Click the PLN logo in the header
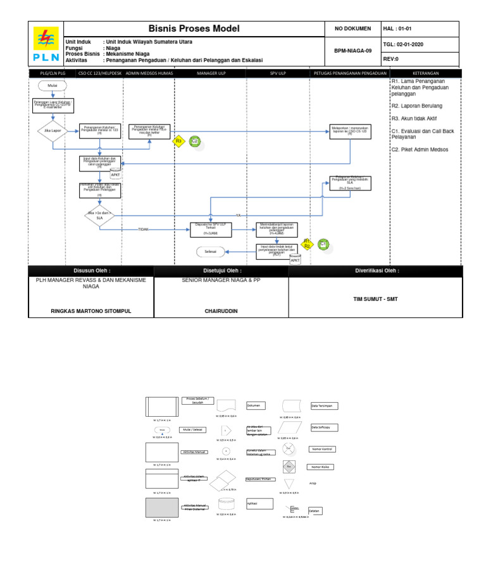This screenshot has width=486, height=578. click(46, 44)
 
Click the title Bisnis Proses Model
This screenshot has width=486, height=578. click(194, 28)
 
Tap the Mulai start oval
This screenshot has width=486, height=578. click(53, 86)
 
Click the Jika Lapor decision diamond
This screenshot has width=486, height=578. click(53, 131)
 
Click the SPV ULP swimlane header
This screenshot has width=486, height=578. click(278, 73)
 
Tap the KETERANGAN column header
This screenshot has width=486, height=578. click(426, 73)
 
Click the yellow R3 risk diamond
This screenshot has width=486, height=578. click(179, 141)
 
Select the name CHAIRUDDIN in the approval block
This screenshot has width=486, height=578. click(221, 311)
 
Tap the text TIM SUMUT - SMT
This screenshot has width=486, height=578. click(376, 298)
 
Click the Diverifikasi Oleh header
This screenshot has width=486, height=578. click(376, 271)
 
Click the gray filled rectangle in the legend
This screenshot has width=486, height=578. click(162, 508)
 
